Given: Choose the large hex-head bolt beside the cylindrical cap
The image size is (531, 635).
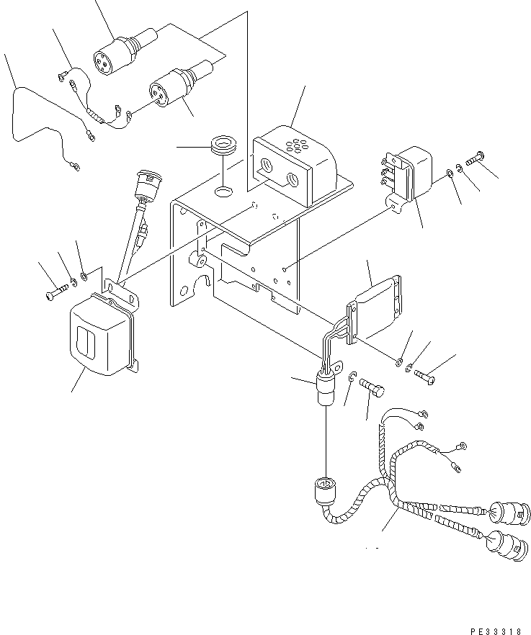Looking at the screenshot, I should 373,389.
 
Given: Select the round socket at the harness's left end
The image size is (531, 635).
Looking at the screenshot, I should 324,492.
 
